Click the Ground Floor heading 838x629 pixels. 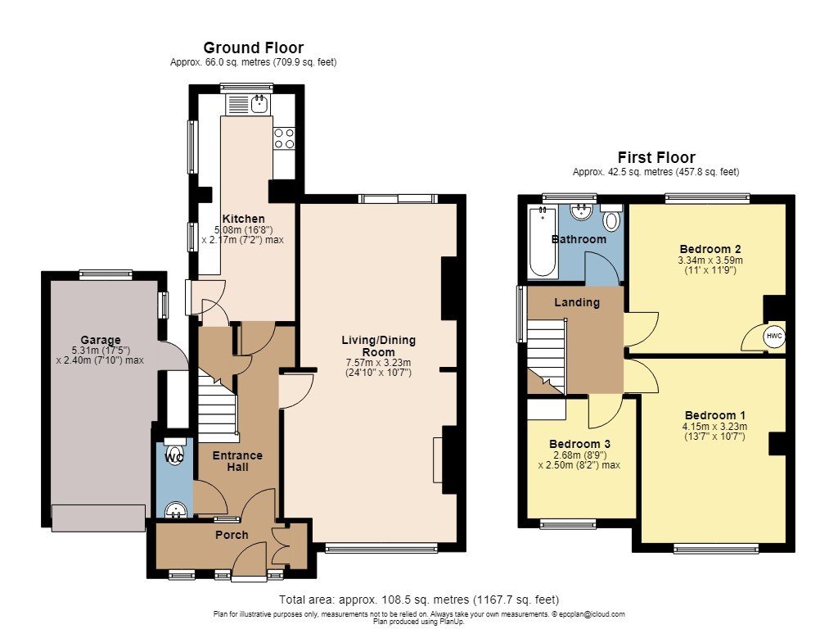pyautogui.click(x=254, y=48)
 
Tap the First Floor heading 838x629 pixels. pyautogui.click(x=656, y=158)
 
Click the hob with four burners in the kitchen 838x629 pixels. pyautogui.click(x=284, y=138)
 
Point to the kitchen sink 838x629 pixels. pyautogui.click(x=259, y=104)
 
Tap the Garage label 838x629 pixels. pyautogui.click(x=101, y=340)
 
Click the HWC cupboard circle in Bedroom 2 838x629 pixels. pyautogui.click(x=774, y=336)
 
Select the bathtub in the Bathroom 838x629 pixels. pyautogui.click(x=543, y=242)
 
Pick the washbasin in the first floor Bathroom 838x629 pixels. pyautogui.click(x=581, y=212)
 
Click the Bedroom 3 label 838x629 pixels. pyautogui.click(x=579, y=444)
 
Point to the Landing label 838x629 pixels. pyautogui.click(x=577, y=302)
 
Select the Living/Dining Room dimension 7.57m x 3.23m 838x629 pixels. pyautogui.click(x=378, y=363)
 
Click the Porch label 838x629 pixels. pyautogui.click(x=232, y=535)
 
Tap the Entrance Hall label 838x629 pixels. pyautogui.click(x=237, y=461)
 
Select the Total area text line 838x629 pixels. pyautogui.click(x=419, y=600)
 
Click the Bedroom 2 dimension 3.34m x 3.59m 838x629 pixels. pyautogui.click(x=710, y=260)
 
